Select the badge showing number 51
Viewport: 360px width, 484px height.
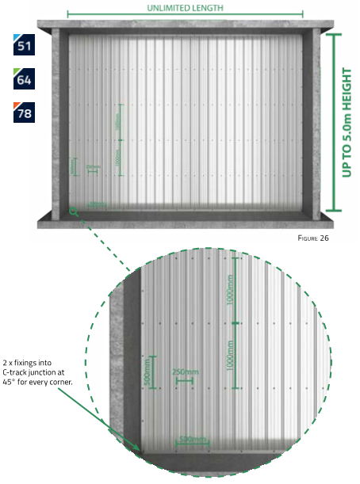tap(24, 44)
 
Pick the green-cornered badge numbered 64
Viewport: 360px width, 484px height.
tap(24, 79)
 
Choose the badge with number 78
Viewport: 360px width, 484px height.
tap(24, 113)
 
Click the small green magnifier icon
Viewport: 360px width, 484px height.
tap(74, 210)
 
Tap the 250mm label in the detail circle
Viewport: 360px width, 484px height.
tap(185, 372)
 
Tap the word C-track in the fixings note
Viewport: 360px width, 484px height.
tap(17, 371)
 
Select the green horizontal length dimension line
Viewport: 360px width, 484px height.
tap(184, 14)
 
